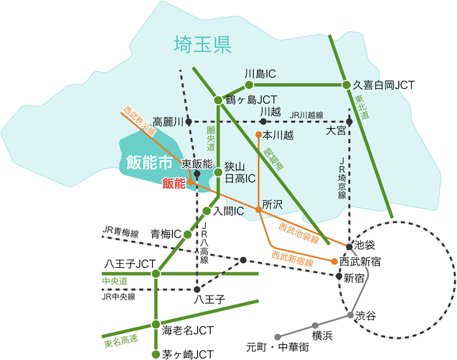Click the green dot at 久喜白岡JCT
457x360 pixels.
[347, 85]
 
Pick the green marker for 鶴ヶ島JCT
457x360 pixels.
[219, 100]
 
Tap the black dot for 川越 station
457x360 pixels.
[263, 122]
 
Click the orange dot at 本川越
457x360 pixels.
[259, 135]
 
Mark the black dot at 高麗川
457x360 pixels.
[188, 122]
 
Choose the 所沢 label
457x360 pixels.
[272, 205]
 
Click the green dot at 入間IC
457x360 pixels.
[206, 210]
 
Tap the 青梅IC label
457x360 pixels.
[166, 234]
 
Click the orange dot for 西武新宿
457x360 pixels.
[335, 261]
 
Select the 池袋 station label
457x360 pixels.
[364, 246]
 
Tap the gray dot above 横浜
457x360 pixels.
[315, 325]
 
